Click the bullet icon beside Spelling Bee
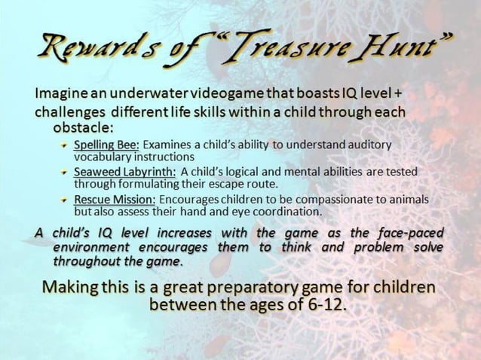coord(64,145)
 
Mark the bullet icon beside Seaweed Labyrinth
coord(64,172)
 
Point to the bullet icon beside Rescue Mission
coord(64,200)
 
